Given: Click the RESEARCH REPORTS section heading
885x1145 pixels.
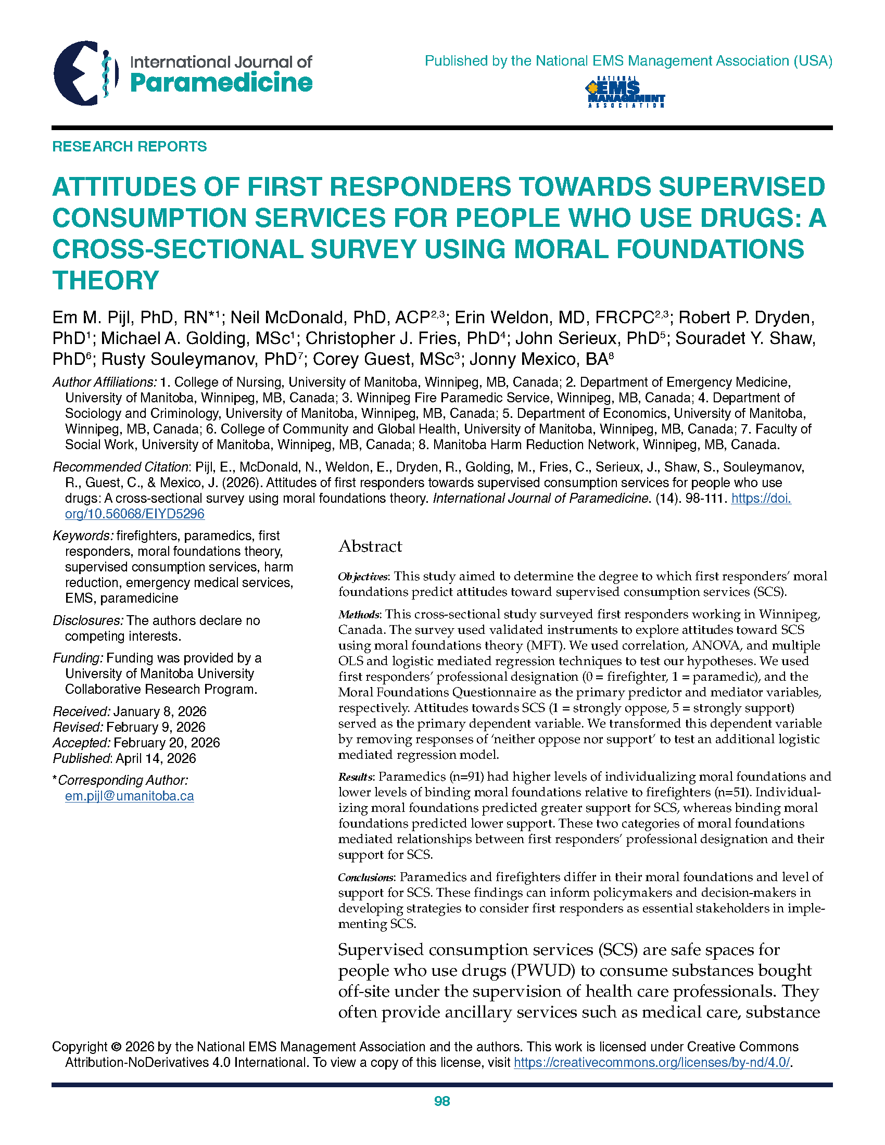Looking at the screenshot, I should [130, 146].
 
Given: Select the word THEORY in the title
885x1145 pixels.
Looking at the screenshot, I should [105, 280].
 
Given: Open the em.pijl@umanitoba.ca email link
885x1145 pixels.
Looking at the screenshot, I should [130, 796].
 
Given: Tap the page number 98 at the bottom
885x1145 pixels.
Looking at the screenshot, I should [442, 1101].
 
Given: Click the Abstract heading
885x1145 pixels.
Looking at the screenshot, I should [370, 546].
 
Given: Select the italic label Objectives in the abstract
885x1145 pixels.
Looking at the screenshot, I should [363, 577].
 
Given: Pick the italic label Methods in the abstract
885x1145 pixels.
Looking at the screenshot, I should [359, 615].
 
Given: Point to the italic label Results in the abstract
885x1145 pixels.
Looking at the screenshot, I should [356, 777].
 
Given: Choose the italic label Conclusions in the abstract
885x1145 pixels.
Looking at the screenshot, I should [365, 877].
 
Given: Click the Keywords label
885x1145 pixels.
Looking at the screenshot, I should [82, 536].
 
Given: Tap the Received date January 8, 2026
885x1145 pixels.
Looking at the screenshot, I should [159, 711].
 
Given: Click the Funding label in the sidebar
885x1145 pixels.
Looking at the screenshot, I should [78, 658].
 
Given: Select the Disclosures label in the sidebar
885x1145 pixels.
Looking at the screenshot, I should [87, 621].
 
